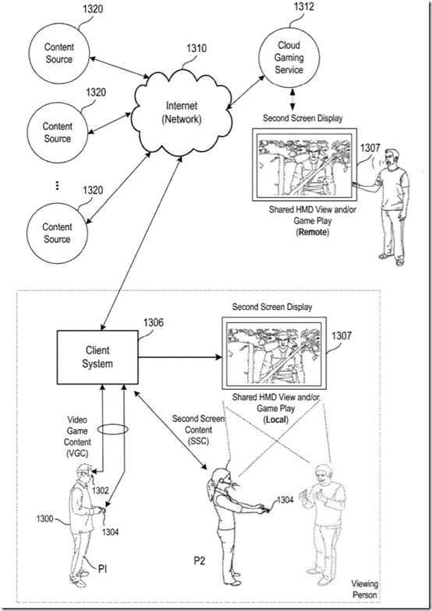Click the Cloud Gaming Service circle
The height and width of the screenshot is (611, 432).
289,58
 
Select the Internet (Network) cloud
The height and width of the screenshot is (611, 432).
182,112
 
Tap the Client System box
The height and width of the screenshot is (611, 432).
97,357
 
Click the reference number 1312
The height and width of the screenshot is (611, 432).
303,7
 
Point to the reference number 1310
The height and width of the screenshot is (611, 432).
197,48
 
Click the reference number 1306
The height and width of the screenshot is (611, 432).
154,323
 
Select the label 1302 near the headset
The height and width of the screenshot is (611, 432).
101,490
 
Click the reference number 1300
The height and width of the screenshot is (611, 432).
44,518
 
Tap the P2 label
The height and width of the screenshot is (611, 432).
200,560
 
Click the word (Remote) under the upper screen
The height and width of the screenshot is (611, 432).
312,232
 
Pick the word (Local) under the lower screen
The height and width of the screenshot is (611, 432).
276,420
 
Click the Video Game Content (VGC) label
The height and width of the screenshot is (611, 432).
77,437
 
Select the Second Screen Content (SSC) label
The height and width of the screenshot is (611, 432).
198,430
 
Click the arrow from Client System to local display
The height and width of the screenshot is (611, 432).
180,357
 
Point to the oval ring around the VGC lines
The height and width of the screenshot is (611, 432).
113,429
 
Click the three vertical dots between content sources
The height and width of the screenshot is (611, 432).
58,185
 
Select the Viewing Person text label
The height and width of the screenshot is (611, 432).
365,589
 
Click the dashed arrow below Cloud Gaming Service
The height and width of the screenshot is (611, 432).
292,100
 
